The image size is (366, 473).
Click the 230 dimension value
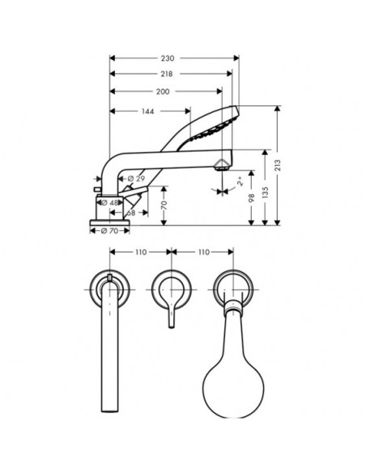pos(168,58)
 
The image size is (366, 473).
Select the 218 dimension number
pos(167,74)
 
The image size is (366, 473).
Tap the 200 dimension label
pos(163,92)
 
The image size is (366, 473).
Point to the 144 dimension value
pos(147,112)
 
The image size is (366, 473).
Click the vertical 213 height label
pos(278,165)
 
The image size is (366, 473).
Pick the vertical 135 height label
pos(265,193)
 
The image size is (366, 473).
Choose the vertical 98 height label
pos(252,198)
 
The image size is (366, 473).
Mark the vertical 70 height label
pos(164,206)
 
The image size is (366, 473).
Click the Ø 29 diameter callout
pos(137,179)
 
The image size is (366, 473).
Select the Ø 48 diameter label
pos(110,203)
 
